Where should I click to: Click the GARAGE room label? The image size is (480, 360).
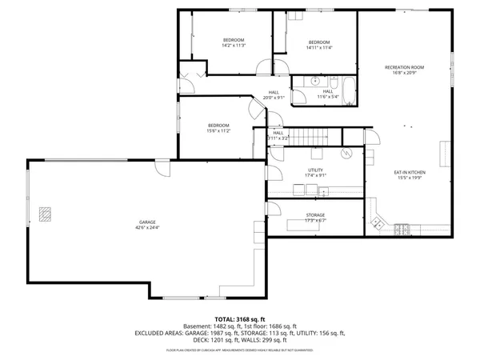coord(146,222)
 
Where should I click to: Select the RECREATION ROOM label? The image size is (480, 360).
coord(404,67)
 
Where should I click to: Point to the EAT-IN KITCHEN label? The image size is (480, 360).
coord(409,172)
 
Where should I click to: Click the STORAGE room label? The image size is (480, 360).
coord(316,215)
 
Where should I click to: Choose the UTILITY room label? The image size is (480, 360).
coord(316,170)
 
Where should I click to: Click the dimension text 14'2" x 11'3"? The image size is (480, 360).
coord(234,46)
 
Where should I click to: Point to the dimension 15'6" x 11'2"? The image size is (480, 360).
coord(219,130)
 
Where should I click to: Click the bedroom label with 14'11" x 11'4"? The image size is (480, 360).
coord(319,42)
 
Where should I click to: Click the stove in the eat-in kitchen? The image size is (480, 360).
coord(402,230)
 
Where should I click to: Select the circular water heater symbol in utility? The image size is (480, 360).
coord(347,152)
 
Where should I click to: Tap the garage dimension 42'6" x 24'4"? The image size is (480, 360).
coord(146,227)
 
